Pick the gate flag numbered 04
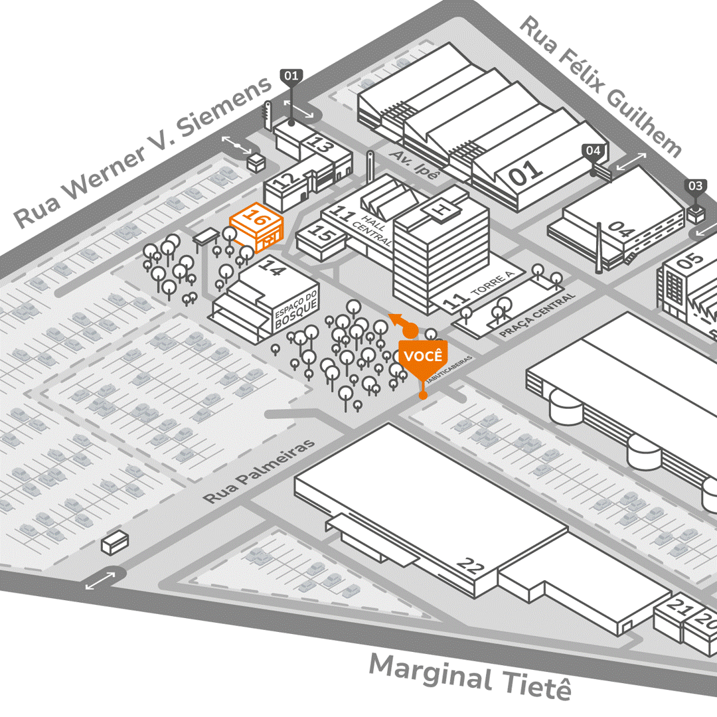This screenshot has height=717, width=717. coord(594,151)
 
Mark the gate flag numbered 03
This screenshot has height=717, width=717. coord(695,186)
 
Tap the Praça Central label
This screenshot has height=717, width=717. coord(536,315)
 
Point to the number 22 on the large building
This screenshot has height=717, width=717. coord(471,566)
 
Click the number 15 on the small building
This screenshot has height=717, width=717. coord(322,234)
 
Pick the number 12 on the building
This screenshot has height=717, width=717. coord(283,181)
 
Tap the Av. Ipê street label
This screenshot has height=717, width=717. coord(416,163)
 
